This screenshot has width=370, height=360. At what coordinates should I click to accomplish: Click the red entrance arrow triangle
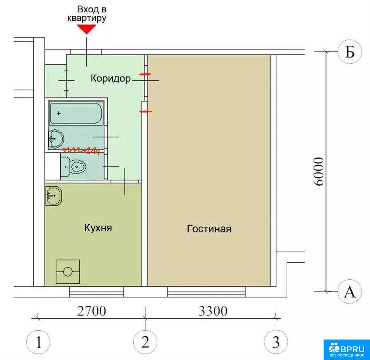tap(86, 29)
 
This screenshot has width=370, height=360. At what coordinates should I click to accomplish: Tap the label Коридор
tap(111, 78)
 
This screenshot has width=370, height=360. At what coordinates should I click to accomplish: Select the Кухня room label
tap(98, 228)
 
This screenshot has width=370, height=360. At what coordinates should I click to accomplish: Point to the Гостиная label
tap(209, 229)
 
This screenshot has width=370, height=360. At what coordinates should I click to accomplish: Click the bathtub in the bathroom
tap(76, 113)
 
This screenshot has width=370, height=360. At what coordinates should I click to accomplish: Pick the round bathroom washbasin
tap(56, 139)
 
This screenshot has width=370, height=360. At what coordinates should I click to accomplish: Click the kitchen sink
tap(53, 196)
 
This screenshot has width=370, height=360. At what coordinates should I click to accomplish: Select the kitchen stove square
tap(68, 272)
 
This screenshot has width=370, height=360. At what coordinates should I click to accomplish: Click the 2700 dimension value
tap(92, 311)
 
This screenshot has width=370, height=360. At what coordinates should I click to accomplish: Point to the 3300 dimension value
tap(213, 311)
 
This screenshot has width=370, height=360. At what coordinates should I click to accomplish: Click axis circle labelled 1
tap(38, 342)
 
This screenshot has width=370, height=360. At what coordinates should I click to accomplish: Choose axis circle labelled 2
tap(145, 342)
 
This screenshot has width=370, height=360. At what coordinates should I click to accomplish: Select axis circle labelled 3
tap(276, 342)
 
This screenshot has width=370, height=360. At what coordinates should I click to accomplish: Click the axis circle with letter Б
tap(350, 51)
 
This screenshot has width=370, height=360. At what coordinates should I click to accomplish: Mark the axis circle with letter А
tap(350, 291)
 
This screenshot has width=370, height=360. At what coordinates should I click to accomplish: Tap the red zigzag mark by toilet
tap(81, 150)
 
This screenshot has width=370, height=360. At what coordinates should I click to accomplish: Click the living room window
tap(206, 292)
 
